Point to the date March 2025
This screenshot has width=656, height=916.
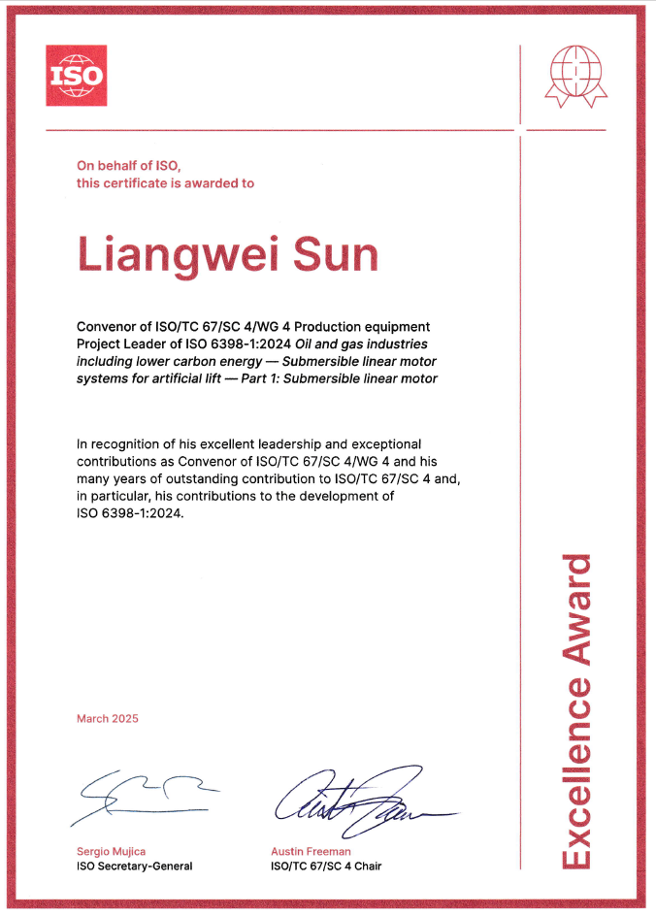[x=108, y=719]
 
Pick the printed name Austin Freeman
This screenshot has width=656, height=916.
[x=311, y=851]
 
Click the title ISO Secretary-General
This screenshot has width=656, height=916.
[x=134, y=866]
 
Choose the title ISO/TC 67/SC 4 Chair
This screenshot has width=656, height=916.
[x=326, y=866]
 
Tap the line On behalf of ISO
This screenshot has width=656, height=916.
[x=129, y=166]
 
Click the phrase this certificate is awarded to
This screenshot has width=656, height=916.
[x=165, y=182]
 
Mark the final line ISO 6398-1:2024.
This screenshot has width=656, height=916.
[x=128, y=514]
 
